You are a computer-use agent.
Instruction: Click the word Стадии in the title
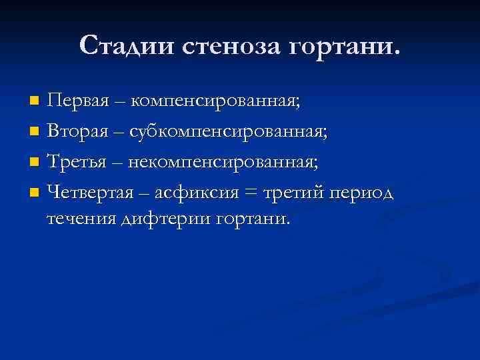125,46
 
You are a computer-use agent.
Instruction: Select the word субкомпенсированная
229,132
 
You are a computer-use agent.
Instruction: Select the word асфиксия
197,193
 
